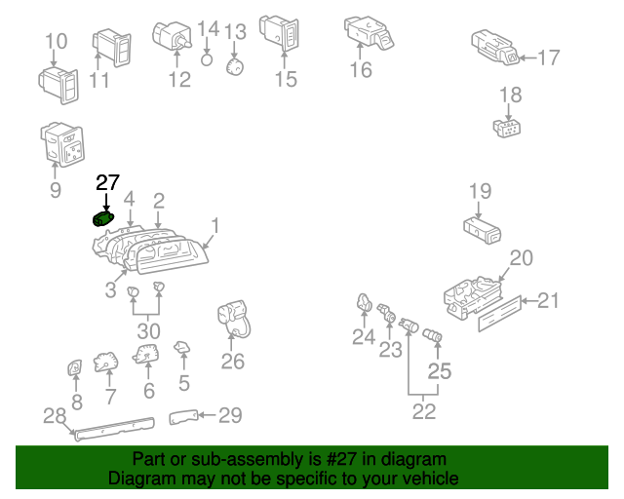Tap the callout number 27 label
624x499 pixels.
point(107,182)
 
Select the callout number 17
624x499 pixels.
point(549,58)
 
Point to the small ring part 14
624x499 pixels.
point(207,58)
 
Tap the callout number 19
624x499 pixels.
point(480,190)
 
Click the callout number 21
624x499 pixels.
point(550,300)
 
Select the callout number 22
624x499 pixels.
point(423,411)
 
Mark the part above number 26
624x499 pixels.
point(231,318)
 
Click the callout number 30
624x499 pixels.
point(148,331)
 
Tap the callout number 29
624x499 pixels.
point(229,416)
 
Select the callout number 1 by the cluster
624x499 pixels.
point(215,226)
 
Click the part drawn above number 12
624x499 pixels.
point(174,37)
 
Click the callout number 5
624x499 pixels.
point(183,383)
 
